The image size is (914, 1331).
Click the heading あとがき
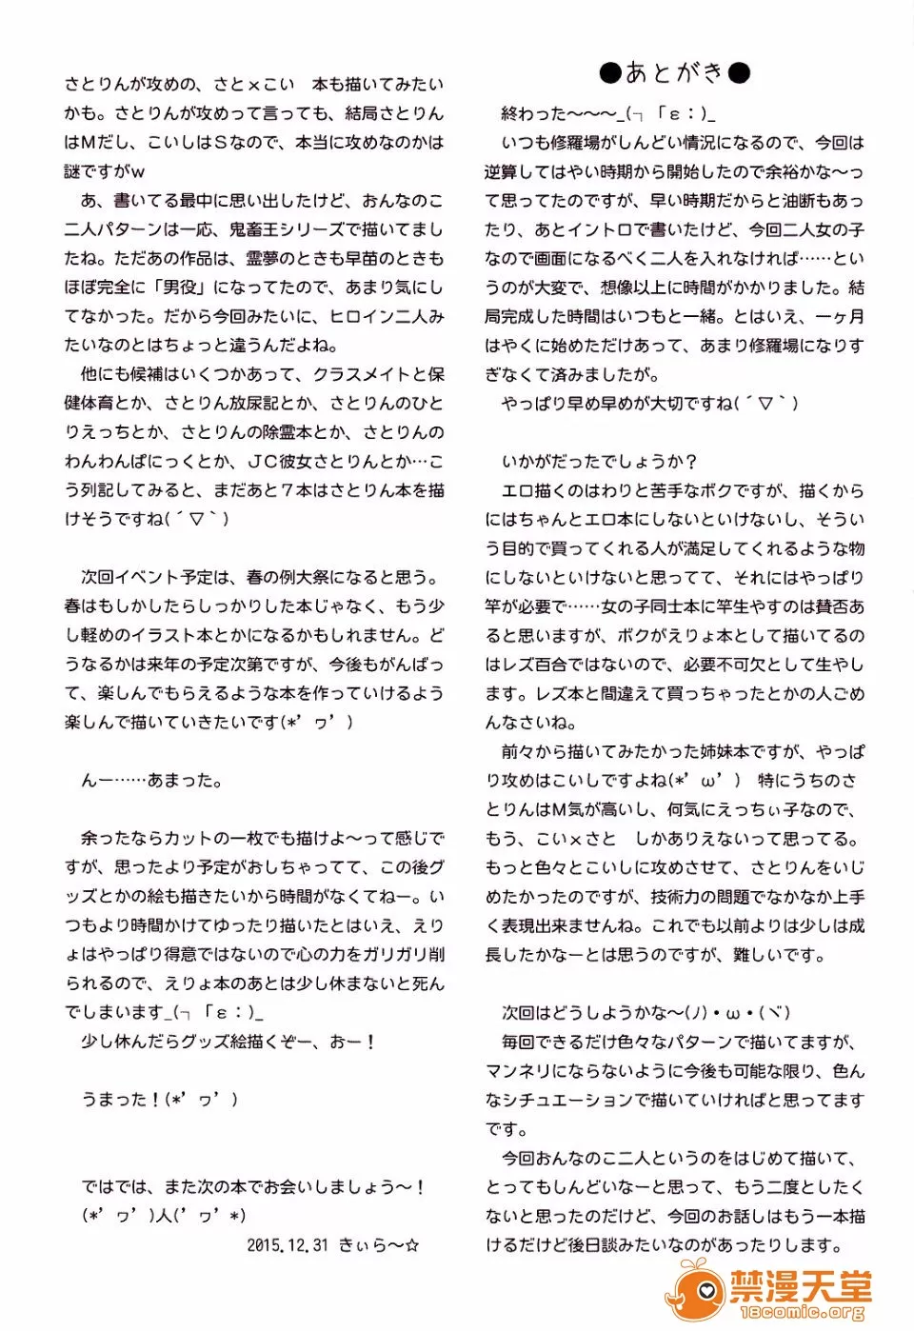point(674,72)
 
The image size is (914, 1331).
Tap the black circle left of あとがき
point(610,72)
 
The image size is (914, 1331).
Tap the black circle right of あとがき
point(739,72)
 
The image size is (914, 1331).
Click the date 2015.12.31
point(288,1244)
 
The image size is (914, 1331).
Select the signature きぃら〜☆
point(379,1244)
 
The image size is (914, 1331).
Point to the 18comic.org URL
point(802,1313)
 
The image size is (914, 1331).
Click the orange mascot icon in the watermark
point(696,1289)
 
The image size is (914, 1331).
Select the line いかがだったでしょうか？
point(599,462)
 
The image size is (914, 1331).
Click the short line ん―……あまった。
point(152,781)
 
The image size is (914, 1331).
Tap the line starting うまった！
point(160,1100)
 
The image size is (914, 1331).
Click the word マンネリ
point(519,1071)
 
